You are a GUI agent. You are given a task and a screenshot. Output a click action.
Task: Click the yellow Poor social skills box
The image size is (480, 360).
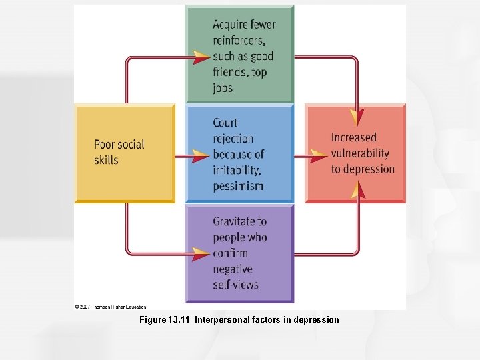(x=125, y=153)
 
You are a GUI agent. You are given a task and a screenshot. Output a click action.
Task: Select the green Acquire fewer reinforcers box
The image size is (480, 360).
(x=239, y=54)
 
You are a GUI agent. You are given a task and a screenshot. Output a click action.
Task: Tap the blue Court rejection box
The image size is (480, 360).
(x=239, y=154)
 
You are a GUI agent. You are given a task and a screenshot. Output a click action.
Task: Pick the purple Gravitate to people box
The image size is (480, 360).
(x=239, y=253)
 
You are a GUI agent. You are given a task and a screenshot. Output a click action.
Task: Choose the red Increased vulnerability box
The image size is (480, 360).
(x=355, y=153)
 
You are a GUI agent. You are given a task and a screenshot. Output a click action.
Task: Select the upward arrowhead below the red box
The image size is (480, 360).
(x=359, y=191)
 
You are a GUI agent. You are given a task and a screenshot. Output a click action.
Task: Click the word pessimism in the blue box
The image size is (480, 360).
(x=238, y=186)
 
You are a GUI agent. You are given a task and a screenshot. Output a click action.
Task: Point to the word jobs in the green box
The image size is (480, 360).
(x=223, y=88)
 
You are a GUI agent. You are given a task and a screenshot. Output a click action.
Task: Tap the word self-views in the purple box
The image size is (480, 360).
(x=235, y=285)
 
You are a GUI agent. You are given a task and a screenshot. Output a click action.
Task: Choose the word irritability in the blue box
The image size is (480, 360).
(x=238, y=170)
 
